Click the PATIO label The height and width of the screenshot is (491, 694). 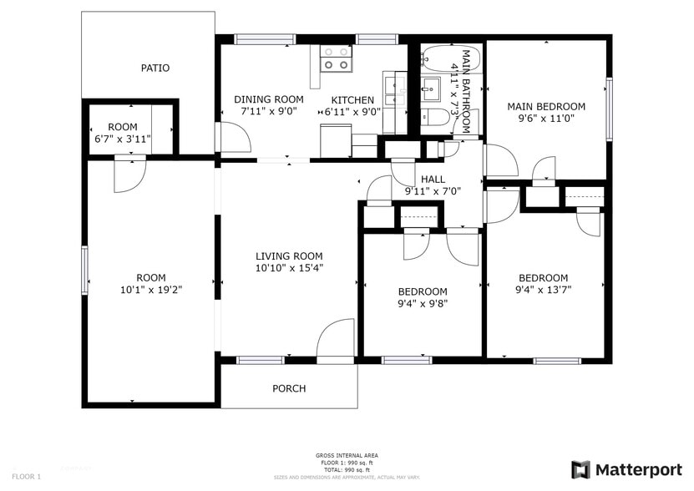[x=155, y=68]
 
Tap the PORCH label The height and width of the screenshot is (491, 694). [x=289, y=388]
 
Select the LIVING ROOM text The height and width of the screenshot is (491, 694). [x=289, y=256]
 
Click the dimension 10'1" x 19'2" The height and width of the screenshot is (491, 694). [x=151, y=290]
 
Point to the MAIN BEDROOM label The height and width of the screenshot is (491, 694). [x=546, y=106]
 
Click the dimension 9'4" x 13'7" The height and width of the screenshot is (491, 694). [x=543, y=290]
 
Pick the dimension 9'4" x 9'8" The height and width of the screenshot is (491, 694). [x=422, y=303]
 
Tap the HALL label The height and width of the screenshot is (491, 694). [x=433, y=179]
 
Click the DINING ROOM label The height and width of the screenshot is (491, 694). [x=268, y=99]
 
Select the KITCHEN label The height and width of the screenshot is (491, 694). [x=352, y=99]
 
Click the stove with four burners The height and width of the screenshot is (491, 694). [x=337, y=58]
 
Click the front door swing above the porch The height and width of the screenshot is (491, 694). [x=336, y=340]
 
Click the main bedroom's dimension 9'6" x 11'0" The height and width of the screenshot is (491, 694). [x=546, y=118]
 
